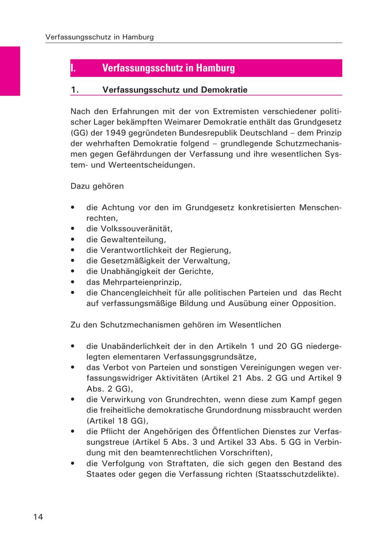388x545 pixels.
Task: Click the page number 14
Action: [38, 517]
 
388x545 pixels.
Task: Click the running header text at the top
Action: [99, 37]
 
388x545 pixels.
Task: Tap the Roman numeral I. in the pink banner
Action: [73, 68]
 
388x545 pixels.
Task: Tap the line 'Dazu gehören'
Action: [97, 186]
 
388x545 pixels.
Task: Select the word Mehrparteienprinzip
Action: [142, 282]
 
